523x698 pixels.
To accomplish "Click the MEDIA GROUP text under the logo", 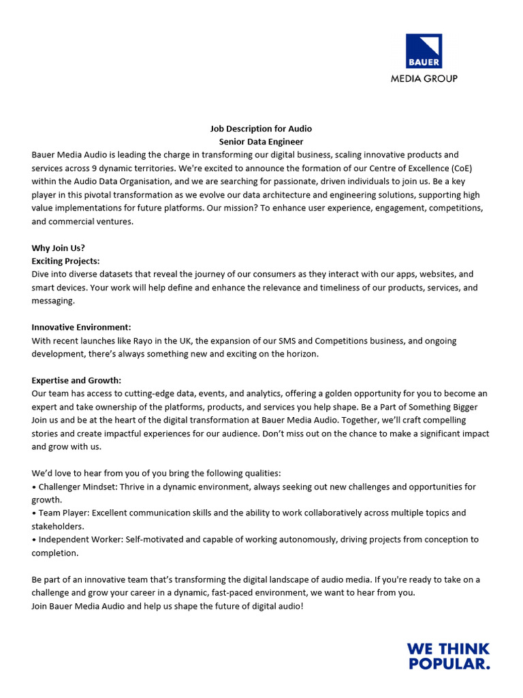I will click(x=424, y=78).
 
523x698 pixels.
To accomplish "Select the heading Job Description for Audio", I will click(x=261, y=128).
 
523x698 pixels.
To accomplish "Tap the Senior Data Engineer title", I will click(x=261, y=142).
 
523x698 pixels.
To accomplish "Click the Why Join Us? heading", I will click(x=59, y=247).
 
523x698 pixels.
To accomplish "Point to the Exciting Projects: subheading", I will click(x=65, y=261).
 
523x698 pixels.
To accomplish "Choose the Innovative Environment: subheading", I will click(x=81, y=327).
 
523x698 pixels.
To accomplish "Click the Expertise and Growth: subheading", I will click(x=76, y=380).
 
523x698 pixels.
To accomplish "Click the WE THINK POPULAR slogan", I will click(x=448, y=656).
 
